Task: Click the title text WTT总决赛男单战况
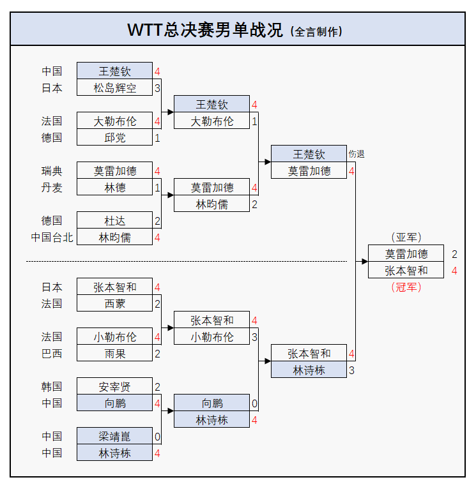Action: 204,30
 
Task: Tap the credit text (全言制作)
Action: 316,31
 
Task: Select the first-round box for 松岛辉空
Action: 114,87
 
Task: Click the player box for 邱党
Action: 114,137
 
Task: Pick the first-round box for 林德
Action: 114,187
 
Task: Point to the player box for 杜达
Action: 114,220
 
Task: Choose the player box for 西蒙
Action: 114,303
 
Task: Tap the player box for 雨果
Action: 114,353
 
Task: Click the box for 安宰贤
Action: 114,386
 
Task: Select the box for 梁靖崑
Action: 114,436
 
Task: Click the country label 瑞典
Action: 52,170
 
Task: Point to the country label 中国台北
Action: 52,237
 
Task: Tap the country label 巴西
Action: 52,353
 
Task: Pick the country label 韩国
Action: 52,386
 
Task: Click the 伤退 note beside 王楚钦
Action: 357,154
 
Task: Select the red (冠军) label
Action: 406,287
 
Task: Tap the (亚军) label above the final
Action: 406,237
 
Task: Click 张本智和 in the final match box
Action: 406,270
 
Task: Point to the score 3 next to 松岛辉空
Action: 157,87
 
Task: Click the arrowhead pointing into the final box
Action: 364,261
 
